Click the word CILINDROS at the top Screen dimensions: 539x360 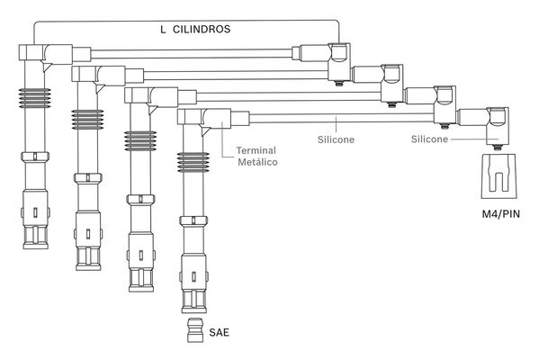(x=202, y=29)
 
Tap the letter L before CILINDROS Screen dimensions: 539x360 (x=163, y=29)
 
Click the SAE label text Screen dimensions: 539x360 (x=219, y=332)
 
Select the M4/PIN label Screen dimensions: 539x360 (x=501, y=214)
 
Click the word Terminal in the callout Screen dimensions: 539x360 (x=256, y=150)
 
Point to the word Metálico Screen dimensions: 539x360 (x=257, y=162)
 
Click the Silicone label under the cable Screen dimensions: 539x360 (x=336, y=139)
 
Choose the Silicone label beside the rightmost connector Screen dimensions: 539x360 (x=429, y=139)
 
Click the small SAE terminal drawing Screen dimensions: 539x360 (x=195, y=330)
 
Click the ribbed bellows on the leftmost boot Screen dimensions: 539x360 (x=35, y=98)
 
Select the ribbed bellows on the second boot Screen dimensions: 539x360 (x=87, y=120)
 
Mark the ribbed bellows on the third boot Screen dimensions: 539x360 (x=140, y=140)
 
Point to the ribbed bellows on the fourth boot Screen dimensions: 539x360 (x=193, y=162)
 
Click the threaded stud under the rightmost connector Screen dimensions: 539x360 (x=498, y=148)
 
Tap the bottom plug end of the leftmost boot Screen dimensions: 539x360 (x=36, y=238)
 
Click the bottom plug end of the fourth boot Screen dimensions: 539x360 (x=194, y=301)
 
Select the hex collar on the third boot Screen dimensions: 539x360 (x=140, y=199)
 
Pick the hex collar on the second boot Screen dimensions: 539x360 (x=88, y=178)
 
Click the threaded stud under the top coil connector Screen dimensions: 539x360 (x=339, y=84)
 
